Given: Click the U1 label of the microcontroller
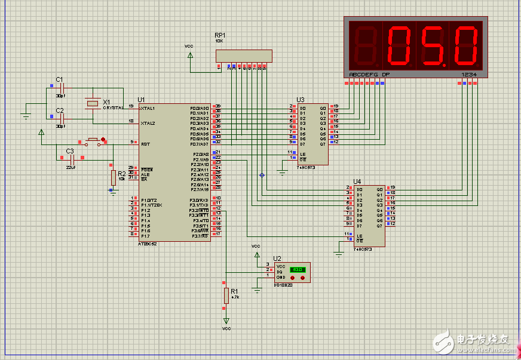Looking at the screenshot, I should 141,100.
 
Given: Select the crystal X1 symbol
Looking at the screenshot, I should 92,104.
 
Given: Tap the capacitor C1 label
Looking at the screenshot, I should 59,79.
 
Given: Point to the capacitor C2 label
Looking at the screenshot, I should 59,110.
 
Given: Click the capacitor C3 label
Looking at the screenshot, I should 70,151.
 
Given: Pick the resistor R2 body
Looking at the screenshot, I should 113,177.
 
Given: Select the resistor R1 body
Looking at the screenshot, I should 226,295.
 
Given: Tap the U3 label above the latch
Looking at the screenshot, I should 300,100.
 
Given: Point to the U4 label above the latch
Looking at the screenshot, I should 357,181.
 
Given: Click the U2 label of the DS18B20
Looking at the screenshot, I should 277,259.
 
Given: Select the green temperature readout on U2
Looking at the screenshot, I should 296,270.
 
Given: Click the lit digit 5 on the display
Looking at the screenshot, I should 433,46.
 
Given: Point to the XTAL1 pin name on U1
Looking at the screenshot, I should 148,108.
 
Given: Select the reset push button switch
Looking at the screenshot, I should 93,141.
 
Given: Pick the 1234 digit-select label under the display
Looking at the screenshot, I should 468,75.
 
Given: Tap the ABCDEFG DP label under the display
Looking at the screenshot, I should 369,75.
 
